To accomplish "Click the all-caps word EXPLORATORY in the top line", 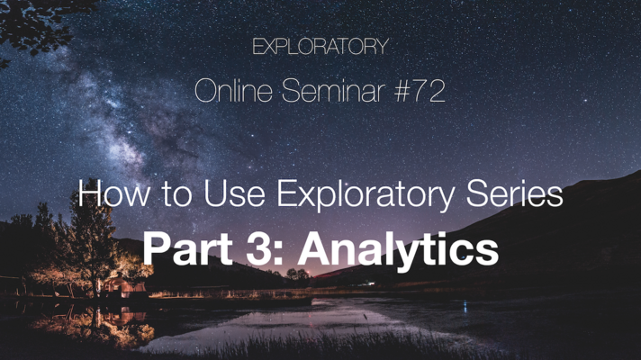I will click(x=320, y=47).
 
